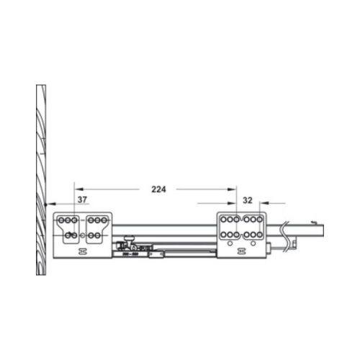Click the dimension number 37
tap(82, 199)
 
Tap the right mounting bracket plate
tap(243, 234)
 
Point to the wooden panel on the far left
tap(40, 180)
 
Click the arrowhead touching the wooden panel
tap(47, 205)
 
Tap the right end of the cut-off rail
tap(323, 230)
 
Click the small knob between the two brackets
tap(129, 238)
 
